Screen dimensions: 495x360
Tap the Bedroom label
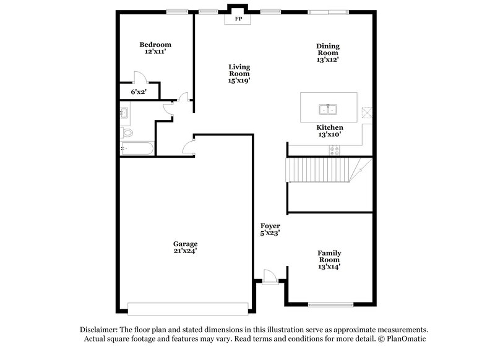(155, 48)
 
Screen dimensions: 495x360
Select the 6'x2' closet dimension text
(139, 92)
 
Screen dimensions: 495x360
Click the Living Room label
(239, 74)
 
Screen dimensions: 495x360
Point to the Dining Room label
(328, 53)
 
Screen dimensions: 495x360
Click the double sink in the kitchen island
(328, 110)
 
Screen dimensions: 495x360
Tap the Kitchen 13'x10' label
(329, 131)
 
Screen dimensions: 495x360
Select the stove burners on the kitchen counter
(335, 149)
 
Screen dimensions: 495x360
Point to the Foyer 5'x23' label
(270, 230)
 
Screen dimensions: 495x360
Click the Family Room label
(329, 260)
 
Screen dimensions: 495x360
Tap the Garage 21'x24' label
(185, 247)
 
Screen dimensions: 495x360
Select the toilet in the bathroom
(127, 132)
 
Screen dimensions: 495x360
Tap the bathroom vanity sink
(124, 113)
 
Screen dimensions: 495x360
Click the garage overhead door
(188, 307)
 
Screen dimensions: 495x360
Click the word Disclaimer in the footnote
(100, 330)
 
